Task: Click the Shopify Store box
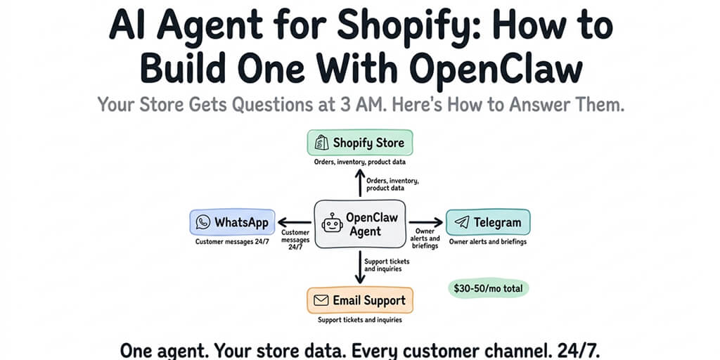(359, 143)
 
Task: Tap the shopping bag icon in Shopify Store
(321, 143)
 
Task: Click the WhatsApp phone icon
(203, 222)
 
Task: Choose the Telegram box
(488, 222)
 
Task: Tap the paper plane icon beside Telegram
(461, 222)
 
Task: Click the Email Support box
(359, 300)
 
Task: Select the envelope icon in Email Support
(321, 301)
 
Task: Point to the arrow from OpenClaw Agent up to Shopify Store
(360, 182)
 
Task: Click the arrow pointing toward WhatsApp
(294, 222)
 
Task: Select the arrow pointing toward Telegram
(426, 222)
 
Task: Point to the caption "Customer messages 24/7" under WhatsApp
(231, 242)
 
